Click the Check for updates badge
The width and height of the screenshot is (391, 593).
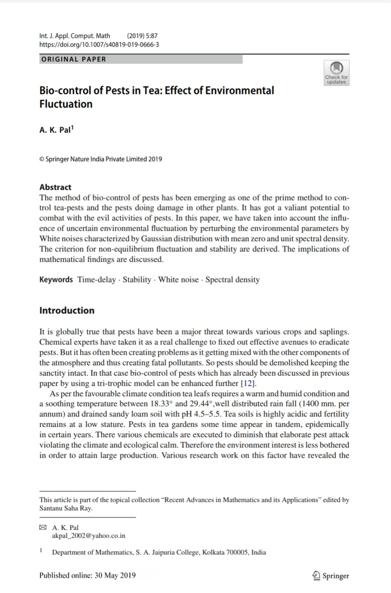tap(337, 73)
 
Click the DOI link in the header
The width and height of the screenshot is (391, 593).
tap(99, 44)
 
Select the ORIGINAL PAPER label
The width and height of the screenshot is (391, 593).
tap(74, 59)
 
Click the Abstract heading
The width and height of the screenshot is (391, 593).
tap(55, 187)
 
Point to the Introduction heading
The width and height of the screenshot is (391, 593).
tap(67, 311)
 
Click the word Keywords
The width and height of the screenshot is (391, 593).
tap(56, 280)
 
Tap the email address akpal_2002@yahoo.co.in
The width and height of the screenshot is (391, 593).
tap(89, 536)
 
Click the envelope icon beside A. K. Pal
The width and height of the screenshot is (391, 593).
tap(43, 527)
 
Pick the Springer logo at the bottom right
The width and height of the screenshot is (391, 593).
tap(331, 576)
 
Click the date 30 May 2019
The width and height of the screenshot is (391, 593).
tap(115, 575)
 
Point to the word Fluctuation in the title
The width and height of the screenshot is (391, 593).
tap(66, 104)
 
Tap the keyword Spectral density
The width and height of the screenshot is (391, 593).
tap(233, 280)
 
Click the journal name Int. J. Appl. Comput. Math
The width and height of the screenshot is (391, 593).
tap(75, 36)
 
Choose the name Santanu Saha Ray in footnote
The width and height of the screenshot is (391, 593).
tap(65, 508)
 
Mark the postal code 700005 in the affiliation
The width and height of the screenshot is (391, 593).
tap(238, 552)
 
